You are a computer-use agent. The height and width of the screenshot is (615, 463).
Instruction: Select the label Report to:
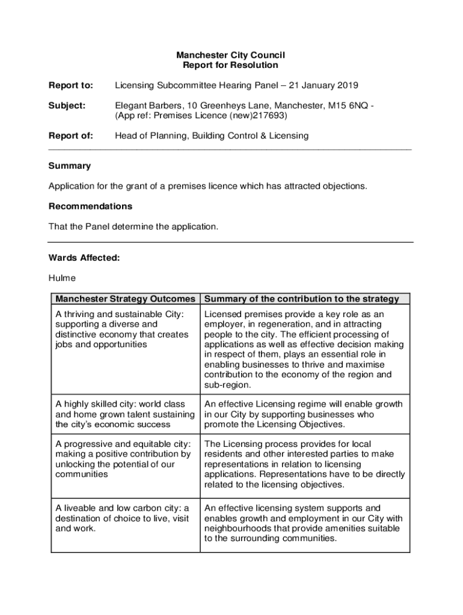pyautogui.click(x=70, y=85)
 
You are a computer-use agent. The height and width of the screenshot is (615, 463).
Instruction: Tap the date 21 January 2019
pyautogui.click(x=324, y=85)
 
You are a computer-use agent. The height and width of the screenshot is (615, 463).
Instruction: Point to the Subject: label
pyautogui.click(x=67, y=106)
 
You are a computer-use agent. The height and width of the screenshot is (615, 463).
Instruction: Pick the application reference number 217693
pyautogui.click(x=269, y=115)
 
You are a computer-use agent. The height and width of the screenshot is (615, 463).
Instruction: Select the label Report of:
pyautogui.click(x=70, y=136)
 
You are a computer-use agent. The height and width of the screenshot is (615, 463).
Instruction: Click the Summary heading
pyautogui.click(x=69, y=166)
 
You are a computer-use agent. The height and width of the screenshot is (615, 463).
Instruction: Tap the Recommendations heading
pyautogui.click(x=90, y=206)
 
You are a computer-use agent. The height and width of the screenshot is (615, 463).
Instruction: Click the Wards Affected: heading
pyautogui.click(x=84, y=258)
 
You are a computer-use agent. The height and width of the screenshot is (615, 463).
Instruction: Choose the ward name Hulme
pyautogui.click(x=62, y=279)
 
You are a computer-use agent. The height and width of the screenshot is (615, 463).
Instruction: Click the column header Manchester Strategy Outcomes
pyautogui.click(x=125, y=298)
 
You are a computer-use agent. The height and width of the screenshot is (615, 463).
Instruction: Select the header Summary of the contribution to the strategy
pyautogui.click(x=301, y=298)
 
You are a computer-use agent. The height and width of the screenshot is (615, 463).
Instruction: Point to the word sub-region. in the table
pyautogui.click(x=228, y=384)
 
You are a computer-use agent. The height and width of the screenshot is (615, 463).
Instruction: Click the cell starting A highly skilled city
pyautogui.click(x=124, y=414)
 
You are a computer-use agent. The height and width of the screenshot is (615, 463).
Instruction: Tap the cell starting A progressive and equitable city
pyautogui.click(x=123, y=459)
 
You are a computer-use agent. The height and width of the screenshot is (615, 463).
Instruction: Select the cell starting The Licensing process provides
pyautogui.click(x=304, y=464)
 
